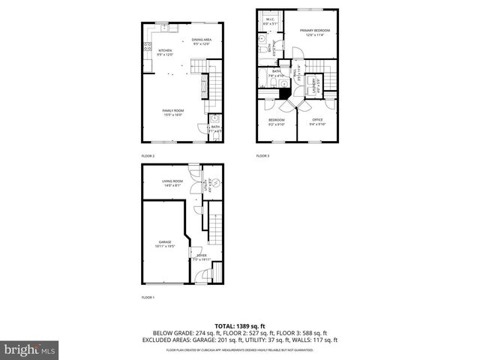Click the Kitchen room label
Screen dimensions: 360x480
tap(165, 52)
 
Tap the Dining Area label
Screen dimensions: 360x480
tap(201, 41)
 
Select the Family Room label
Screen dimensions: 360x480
tap(173, 112)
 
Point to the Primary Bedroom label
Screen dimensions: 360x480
tap(315, 32)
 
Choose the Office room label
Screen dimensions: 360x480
tap(317, 121)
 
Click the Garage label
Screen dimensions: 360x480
tap(165, 243)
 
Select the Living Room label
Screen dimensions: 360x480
tap(172, 182)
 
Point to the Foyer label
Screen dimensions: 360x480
tap(202, 257)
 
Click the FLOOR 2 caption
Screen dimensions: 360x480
tap(148, 155)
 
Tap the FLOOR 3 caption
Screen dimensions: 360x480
tap(262, 155)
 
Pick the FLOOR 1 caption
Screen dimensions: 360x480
tap(148, 298)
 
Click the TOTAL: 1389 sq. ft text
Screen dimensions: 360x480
tap(239, 325)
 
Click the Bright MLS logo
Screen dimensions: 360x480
tap(30, 349)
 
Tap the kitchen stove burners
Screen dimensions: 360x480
tap(145, 48)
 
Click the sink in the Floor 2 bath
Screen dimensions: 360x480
tap(214, 119)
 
